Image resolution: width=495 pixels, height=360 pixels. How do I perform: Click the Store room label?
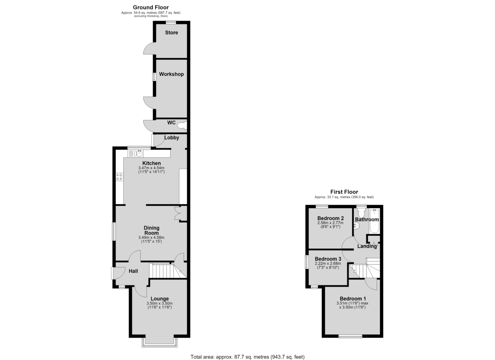172,33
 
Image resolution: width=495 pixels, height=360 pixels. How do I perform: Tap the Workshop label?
172,74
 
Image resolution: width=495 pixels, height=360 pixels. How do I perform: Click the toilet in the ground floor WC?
182,126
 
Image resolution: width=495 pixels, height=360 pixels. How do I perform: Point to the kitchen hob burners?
120,177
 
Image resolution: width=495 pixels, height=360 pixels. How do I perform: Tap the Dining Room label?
152,231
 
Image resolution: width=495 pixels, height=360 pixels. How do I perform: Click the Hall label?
134,271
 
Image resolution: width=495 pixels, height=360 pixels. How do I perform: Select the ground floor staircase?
168,271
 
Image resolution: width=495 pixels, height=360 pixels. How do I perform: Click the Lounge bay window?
160,346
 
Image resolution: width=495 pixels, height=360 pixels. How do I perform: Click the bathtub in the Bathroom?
375,221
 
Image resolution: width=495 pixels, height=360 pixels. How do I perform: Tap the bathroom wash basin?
356,226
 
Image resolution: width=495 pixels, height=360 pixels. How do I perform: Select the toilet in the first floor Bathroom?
361,212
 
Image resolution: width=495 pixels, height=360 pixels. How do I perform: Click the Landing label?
367,246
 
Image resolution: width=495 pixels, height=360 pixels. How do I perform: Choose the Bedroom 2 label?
330,218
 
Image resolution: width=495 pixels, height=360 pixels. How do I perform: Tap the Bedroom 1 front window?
351,336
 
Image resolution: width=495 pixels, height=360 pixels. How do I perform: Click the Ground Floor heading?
151,7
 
